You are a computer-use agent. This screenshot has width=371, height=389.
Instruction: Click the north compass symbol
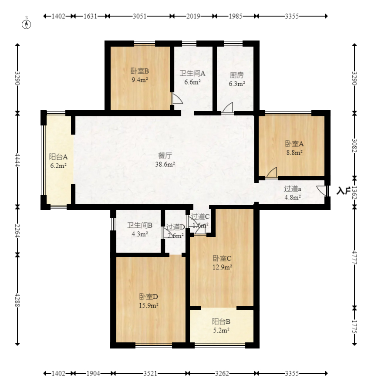[26, 24]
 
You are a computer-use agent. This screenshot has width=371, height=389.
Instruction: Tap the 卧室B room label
[140, 71]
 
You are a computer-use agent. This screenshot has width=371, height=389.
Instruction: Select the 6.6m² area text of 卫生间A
[192, 82]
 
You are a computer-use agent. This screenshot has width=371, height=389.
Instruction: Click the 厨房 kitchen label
[236, 75]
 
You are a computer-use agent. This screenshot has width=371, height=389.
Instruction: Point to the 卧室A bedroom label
[294, 144]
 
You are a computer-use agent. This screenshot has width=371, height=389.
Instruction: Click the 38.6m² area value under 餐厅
[165, 164]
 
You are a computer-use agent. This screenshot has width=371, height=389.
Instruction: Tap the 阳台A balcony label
[58, 157]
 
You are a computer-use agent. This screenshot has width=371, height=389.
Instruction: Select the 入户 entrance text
[343, 190]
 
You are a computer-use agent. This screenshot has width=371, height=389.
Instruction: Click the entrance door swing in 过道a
[321, 190]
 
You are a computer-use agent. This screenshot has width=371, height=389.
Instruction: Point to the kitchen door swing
[228, 108]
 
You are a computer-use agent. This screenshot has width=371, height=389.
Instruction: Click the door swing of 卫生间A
[177, 99]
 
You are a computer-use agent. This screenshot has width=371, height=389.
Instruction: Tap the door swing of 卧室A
[272, 173]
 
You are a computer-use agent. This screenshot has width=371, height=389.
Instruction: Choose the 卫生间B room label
[140, 226]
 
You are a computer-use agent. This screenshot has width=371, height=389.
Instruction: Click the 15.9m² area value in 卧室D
[148, 305]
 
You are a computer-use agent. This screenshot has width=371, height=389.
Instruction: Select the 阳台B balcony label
[221, 322]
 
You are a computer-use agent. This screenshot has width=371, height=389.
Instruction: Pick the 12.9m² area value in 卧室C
[222, 267]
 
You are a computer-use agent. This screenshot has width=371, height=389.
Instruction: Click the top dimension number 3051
[140, 17]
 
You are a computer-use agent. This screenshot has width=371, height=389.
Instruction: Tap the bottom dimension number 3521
[150, 373]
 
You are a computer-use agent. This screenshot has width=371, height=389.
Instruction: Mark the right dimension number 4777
[354, 257]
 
